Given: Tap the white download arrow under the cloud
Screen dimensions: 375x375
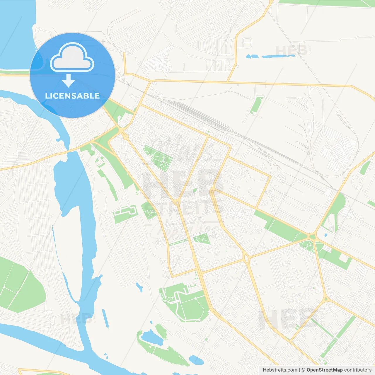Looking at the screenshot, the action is (68, 81).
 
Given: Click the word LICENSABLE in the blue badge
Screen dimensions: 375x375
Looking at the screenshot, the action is (72, 96).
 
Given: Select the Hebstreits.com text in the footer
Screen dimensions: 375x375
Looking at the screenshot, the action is (280, 370).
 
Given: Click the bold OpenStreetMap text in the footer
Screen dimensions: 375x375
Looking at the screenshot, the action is (325, 370).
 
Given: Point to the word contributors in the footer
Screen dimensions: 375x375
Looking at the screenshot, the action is (358, 370).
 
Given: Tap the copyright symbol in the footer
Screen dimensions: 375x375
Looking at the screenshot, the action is (304, 370).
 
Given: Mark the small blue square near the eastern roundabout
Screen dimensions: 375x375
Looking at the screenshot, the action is (326, 235).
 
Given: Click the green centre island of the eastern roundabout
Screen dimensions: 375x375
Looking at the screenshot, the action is (312, 237).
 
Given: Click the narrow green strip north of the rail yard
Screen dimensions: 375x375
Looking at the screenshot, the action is (256, 105).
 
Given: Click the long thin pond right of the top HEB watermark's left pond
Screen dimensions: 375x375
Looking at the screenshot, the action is (278, 56).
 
